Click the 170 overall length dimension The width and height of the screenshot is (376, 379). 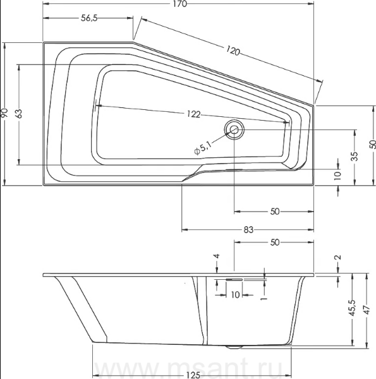(180, 4)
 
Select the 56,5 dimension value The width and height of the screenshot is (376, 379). (89, 18)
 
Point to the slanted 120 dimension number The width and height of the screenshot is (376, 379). (233, 51)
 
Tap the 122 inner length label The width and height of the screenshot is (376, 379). (193, 114)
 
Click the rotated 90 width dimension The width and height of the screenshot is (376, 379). (4, 113)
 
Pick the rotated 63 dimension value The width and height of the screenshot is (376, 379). (19, 113)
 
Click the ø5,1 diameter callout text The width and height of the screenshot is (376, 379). (203, 148)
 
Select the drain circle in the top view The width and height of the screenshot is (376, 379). (234, 129)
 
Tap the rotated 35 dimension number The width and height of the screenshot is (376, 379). (355, 157)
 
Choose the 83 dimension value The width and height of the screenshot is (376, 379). (248, 230)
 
